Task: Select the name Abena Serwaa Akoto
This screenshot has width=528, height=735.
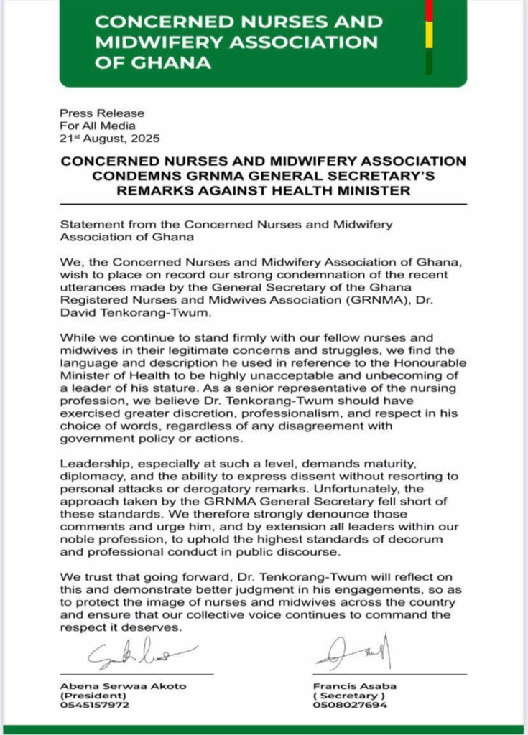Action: [x=123, y=685]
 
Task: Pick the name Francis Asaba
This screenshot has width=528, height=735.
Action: [x=353, y=685]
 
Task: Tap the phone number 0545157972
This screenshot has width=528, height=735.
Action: [x=95, y=706]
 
